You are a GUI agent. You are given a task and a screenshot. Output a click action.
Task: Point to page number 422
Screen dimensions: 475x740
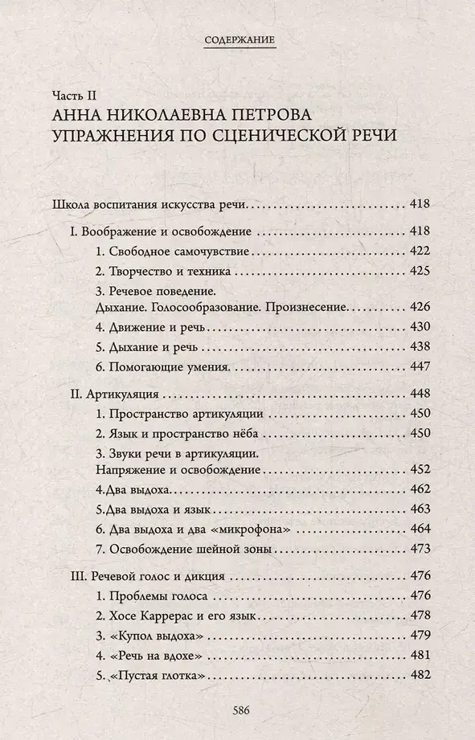pos(420,251)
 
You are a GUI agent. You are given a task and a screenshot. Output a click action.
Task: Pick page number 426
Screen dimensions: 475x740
pos(420,308)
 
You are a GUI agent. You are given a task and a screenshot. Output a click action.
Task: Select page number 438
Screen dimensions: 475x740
pos(420,347)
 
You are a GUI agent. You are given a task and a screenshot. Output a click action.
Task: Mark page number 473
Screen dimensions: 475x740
pos(420,550)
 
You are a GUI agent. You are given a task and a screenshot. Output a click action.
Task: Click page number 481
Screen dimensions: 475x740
pos(420,654)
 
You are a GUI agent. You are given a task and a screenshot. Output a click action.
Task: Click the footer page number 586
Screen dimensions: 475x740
pos(238,709)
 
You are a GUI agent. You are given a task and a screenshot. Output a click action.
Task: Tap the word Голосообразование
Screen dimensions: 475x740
pos(214,308)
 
